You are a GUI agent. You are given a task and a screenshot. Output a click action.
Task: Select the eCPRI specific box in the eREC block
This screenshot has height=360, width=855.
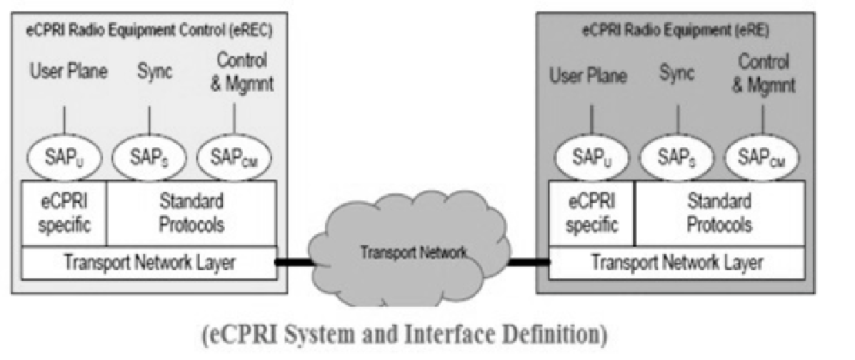pyautogui.click(x=64, y=213)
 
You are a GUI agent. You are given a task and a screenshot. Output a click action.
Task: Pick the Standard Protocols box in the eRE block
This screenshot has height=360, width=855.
pyautogui.click(x=718, y=213)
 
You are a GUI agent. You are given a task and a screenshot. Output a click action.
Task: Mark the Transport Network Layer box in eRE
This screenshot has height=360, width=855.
pyautogui.click(x=676, y=262)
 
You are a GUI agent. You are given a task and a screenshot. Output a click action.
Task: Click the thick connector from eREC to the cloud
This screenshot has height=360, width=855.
pyautogui.click(x=296, y=262)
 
